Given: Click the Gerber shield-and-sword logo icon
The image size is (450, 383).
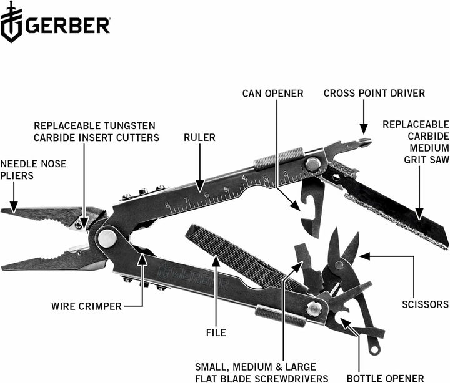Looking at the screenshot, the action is tap(11, 22).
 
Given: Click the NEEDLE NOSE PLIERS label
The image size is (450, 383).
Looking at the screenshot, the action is tap(33, 170).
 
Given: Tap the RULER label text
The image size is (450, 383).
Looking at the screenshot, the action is tap(200, 137).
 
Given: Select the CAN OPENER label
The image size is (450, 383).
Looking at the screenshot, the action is tap(272, 94).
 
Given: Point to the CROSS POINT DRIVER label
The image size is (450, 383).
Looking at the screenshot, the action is tap(374, 93).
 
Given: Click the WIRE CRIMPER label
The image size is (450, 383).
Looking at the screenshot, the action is tap(86, 306).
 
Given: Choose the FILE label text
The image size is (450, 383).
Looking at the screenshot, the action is tap(216, 332).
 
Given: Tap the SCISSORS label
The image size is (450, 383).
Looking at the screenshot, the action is tap(425, 304).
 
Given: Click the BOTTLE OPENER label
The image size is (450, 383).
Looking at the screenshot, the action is tap(385, 379).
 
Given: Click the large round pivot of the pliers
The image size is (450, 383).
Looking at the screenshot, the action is tap(107, 238).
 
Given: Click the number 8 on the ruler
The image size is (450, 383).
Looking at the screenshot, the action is tap(167, 205).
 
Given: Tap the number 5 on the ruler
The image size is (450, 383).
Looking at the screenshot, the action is tap(226, 190).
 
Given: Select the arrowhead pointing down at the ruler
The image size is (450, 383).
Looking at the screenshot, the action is tap(200, 186).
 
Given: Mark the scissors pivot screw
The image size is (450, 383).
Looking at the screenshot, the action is tap(339, 265).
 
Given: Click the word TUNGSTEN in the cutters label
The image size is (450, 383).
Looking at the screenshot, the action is tap(130, 125).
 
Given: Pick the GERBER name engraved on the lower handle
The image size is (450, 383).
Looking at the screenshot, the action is tap(194, 278).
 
